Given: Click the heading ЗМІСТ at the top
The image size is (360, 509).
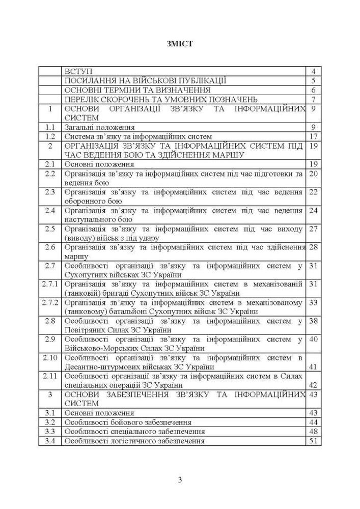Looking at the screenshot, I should [179, 44].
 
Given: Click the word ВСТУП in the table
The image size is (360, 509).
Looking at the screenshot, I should [78, 71].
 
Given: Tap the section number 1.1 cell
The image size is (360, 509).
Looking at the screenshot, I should [50, 127].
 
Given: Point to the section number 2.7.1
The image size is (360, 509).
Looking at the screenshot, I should [50, 284].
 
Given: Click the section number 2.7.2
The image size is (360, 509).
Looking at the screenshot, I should [50, 302].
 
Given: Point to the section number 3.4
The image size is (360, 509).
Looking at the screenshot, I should [50, 441].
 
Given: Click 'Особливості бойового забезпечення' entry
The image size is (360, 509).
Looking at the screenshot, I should [128, 422].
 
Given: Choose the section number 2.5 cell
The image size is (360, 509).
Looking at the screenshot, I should [50, 229].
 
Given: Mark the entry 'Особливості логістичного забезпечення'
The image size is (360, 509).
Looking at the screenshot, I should [134, 441].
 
